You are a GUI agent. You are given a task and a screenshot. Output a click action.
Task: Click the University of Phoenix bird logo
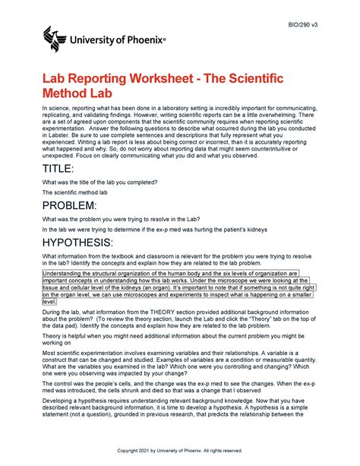[x=55, y=35]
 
